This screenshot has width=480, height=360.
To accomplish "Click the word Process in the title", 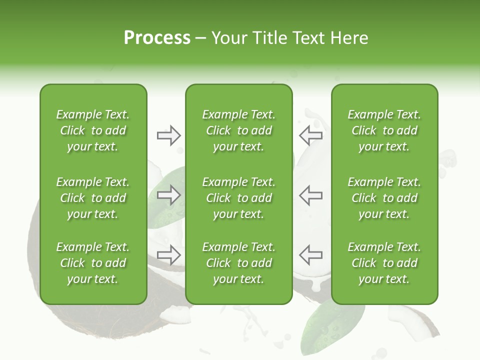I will tap(157, 38).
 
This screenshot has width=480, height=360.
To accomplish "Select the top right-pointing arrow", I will tap(168, 135).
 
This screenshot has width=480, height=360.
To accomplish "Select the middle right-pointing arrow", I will tap(168, 195).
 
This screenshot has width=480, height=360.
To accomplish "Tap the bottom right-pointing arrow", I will tap(168, 255).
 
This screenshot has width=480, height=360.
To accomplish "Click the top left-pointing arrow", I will tap(310, 135).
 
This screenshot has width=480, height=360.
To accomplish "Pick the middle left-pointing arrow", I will tap(310, 195).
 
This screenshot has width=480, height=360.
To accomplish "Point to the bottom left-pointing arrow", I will tap(310, 255).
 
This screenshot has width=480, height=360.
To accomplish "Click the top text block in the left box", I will tap(93, 130).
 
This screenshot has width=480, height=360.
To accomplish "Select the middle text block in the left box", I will tap(93, 198).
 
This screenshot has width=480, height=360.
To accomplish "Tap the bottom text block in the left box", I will tap(93, 263).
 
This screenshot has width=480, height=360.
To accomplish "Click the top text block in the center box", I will tap(238, 130).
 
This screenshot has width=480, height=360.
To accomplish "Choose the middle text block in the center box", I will tap(238, 198).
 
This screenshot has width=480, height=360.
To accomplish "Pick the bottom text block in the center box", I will tap(238, 263).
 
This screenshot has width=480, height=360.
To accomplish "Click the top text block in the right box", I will tap(384, 130).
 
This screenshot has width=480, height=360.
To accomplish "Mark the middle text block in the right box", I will tap(384, 198).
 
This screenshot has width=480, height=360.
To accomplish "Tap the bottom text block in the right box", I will tap(384, 263).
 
